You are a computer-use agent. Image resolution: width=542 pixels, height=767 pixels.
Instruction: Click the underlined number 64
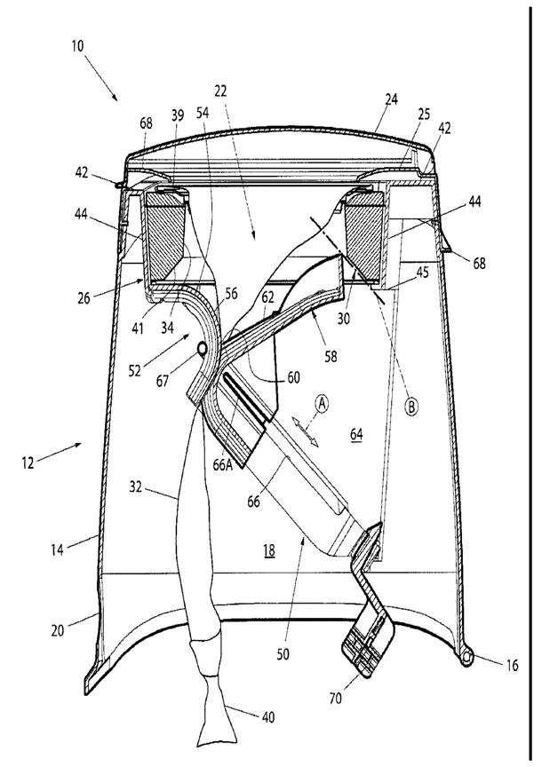coord(356,434)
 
